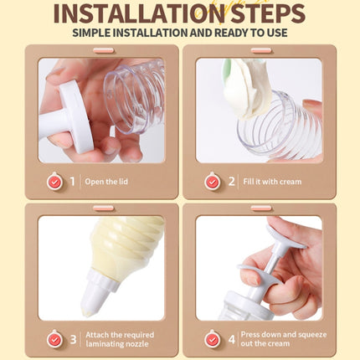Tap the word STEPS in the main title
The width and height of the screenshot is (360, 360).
(x=268, y=13)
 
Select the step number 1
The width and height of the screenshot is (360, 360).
(x=73, y=182)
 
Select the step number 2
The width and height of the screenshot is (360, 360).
(x=231, y=182)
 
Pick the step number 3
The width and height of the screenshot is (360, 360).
(x=74, y=339)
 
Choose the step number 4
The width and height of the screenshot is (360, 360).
(x=232, y=339)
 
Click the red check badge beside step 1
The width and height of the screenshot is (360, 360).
(x=54, y=182)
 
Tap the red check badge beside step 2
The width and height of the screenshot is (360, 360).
(x=213, y=182)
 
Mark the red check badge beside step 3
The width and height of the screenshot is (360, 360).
(x=54, y=339)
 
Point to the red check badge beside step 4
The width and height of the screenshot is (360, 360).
(x=213, y=339)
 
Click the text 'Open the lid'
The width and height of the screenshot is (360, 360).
(x=106, y=182)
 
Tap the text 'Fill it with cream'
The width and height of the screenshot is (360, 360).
(x=272, y=182)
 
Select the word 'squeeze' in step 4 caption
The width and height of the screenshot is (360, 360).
(x=312, y=335)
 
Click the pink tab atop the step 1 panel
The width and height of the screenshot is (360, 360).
(x=104, y=50)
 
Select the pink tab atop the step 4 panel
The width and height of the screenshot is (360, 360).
(x=261, y=208)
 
